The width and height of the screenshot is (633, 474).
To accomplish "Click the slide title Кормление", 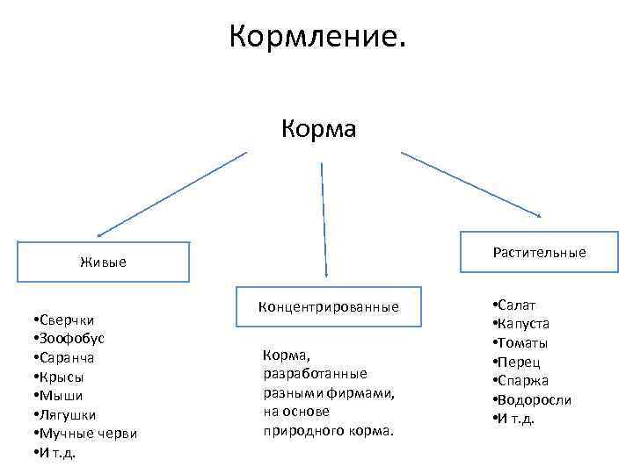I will coord(317,37).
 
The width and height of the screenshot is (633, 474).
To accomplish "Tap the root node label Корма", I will coord(318,130).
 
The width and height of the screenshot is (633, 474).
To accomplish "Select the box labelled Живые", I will coord(103,262).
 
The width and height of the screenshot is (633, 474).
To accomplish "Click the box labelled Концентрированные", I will coord(328,306).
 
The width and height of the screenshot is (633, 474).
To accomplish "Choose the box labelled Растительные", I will coord(539,253).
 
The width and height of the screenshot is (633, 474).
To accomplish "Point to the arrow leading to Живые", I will coord(171,194).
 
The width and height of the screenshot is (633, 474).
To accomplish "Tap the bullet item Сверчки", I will coord(63,320).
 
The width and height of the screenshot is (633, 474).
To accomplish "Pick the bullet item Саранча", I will coord(64,358).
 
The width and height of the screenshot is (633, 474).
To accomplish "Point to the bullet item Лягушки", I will coord(64,414).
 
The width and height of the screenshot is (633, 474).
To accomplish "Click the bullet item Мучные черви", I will coord(84,434).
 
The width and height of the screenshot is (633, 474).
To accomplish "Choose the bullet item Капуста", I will coord(525,324).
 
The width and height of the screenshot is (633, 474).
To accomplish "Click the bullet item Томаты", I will coord(524,343).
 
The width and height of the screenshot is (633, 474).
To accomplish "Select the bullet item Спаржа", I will coord(524,381).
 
